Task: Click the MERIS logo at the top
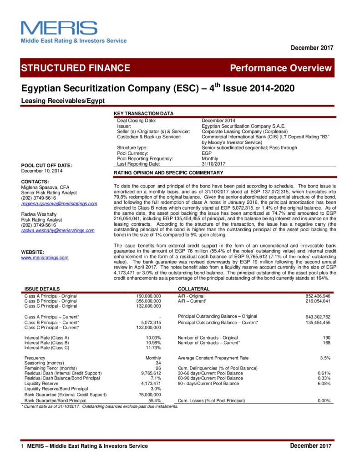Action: pos(59,28)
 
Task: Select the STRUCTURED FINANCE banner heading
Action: pos(76,68)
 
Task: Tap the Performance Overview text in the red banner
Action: pos(281,68)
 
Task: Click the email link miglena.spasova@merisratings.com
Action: pos(59,203)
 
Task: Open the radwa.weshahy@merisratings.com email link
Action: pos(58,231)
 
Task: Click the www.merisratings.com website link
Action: pos(45,258)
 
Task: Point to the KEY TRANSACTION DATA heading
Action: pos(143,113)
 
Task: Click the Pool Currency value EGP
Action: pos(207,153)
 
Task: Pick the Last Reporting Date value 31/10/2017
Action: pos(214,163)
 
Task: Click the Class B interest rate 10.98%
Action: pos(152,342)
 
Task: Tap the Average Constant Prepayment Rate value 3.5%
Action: pos(325,358)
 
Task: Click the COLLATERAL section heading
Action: pos(194,289)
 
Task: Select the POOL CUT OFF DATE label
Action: pos(46,165)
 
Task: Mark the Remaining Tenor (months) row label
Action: pos(50,368)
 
